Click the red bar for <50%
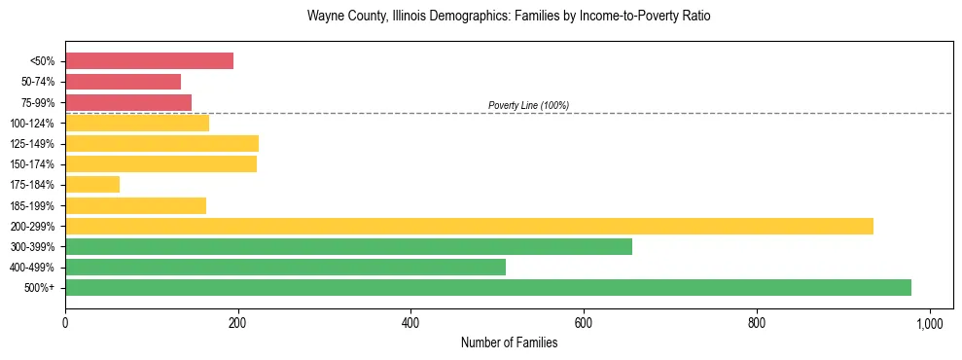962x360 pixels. [x=149, y=61]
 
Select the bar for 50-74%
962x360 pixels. [x=123, y=82]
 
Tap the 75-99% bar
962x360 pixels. [x=128, y=102]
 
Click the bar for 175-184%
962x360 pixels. [x=92, y=184]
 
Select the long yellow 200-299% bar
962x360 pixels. [x=469, y=226]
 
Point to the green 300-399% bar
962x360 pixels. [x=348, y=246]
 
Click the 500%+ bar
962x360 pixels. [x=488, y=287]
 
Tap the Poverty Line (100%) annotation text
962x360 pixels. [x=528, y=105]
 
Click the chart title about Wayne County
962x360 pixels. [x=509, y=17]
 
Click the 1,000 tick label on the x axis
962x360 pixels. [x=930, y=321]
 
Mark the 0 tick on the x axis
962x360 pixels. [x=65, y=321]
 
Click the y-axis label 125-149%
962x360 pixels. [x=32, y=144]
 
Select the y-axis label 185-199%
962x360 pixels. [x=32, y=205]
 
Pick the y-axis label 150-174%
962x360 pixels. [x=32, y=164]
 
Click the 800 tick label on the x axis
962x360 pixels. [x=757, y=321]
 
